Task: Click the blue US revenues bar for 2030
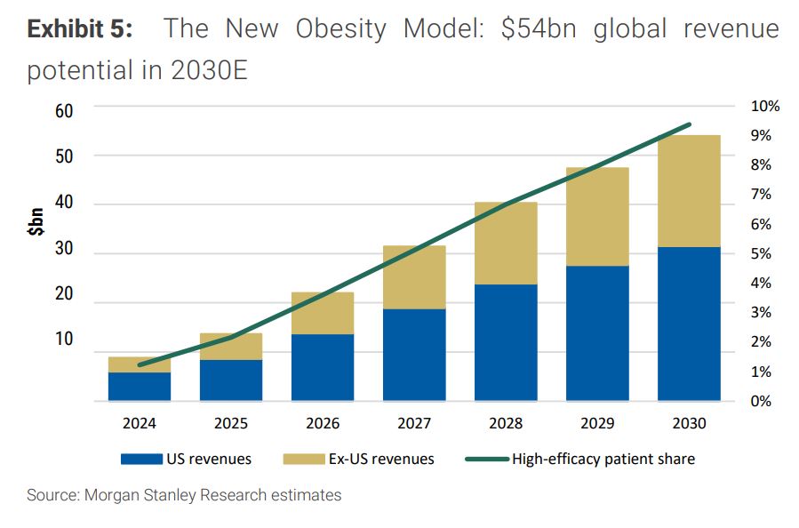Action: [x=689, y=324]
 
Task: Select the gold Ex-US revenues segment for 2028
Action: [x=506, y=243]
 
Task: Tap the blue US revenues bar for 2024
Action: [x=140, y=386]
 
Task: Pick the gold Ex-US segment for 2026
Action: [x=323, y=313]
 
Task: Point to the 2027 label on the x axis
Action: [x=414, y=424]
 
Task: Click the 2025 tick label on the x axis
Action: [x=231, y=424]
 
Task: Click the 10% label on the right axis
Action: [x=764, y=107]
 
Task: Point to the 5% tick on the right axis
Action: [x=761, y=253]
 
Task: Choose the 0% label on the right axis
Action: [x=761, y=401]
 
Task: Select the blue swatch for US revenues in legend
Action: [x=140, y=460]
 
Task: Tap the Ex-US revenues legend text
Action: [x=380, y=460]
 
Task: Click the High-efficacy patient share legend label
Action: [x=603, y=460]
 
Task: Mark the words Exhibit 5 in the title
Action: [x=80, y=29]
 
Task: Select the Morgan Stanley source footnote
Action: [x=184, y=495]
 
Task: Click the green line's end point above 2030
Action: [x=690, y=124]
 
